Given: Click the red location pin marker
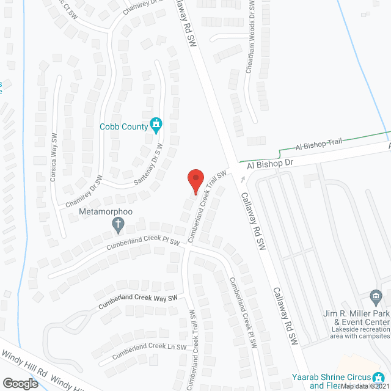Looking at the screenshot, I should (195, 182).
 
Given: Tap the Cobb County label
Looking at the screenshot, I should (124, 126).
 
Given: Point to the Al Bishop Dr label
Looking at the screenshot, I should (271, 165).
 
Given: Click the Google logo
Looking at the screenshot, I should (20, 383).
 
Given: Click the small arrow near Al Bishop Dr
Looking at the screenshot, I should (243, 179).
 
